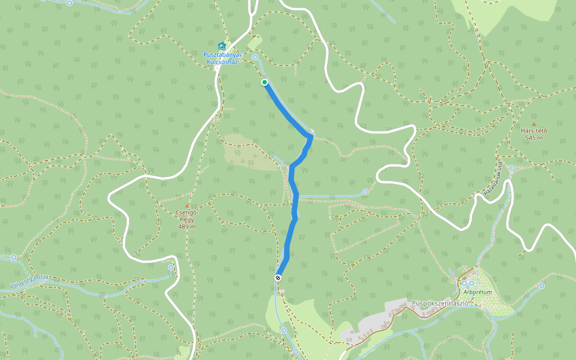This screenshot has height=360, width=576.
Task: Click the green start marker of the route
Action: coord(264,82)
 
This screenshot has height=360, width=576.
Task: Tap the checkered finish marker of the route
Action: coord(278,277)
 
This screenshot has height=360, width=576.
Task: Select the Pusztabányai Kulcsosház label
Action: coord(221,58)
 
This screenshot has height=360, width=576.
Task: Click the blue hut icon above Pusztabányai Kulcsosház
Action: coord(221,46)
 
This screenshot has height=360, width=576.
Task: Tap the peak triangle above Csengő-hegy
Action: coord(187,205)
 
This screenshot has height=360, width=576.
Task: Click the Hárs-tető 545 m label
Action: coord(533,134)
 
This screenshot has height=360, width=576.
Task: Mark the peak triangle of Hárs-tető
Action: coord(533,124)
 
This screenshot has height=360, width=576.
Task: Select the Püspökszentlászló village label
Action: coord(440,303)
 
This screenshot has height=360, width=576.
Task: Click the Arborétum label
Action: coord(478,292)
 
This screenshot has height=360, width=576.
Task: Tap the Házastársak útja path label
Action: coord(492,178)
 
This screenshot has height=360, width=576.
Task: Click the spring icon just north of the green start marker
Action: coord(255,57)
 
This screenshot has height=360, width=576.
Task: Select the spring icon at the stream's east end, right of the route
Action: coord(365,192)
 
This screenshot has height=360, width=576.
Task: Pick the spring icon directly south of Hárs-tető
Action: coord(511,168)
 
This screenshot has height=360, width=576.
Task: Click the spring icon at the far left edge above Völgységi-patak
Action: coord(14,257)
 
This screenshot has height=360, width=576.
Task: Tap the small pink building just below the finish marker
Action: coord(281,291)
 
